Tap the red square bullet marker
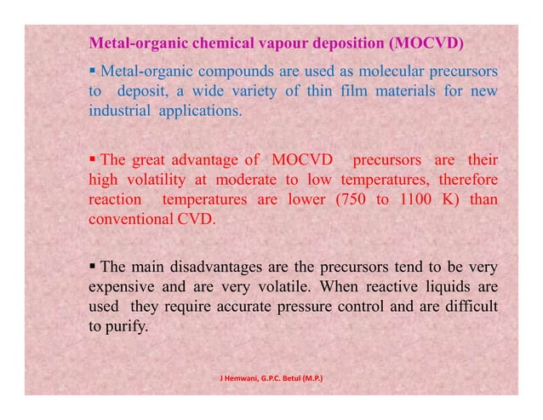[x=93, y=160]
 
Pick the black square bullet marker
[x=93, y=262]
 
